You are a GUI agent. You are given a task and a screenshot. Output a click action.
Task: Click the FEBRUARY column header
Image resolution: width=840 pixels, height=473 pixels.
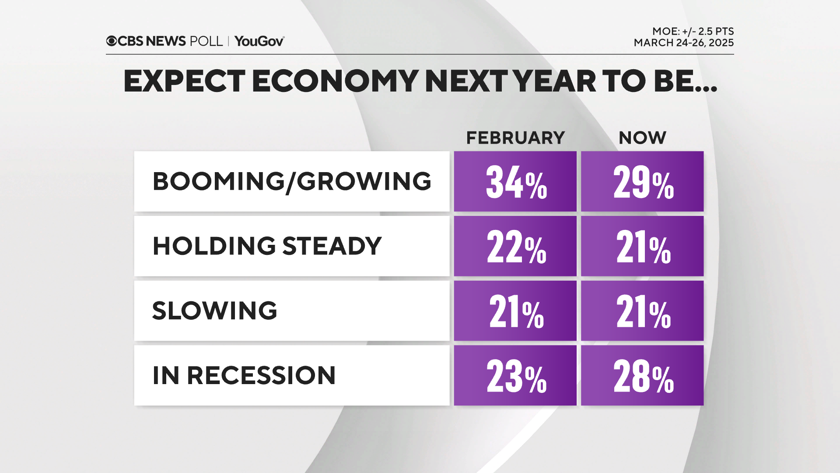515,138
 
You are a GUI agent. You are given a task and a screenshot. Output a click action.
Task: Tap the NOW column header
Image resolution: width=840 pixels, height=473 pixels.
642,138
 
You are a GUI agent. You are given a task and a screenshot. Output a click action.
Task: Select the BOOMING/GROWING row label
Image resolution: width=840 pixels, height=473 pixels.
292,181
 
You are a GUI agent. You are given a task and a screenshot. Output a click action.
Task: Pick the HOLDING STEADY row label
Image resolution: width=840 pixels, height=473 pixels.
267,246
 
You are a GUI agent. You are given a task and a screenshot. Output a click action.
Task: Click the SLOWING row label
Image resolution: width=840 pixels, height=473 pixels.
214,311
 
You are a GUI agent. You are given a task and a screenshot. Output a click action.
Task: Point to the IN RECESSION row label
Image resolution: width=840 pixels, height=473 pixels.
244,375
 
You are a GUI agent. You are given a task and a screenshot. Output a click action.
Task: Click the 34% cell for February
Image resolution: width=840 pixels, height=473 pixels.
515,182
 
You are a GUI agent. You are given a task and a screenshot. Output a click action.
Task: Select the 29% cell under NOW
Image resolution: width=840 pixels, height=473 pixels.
642,182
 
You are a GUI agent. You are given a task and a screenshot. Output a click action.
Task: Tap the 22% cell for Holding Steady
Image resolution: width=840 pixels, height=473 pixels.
515,246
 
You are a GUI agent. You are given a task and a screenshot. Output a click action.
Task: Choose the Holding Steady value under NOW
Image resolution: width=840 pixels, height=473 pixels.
642,246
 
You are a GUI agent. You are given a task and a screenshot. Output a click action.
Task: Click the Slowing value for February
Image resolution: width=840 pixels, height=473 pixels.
515,311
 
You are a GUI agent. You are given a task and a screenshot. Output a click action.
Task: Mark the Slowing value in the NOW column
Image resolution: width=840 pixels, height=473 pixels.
642,311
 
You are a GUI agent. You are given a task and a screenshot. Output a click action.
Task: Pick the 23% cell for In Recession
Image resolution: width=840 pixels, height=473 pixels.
515,375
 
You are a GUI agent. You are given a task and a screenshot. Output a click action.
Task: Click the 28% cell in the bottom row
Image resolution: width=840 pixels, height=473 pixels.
642,375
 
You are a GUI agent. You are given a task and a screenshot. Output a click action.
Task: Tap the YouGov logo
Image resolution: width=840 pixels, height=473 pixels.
259,41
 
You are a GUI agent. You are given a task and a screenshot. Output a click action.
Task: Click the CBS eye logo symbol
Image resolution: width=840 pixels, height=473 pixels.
111,41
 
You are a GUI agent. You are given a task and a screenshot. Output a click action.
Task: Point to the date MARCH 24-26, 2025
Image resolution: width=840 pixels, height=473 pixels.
683,43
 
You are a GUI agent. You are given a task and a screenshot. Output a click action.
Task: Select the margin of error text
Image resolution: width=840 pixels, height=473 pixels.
693,31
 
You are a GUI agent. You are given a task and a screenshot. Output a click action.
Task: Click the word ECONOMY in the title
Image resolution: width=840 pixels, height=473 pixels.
335,81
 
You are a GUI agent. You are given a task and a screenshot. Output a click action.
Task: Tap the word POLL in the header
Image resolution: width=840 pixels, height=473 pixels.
206,41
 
